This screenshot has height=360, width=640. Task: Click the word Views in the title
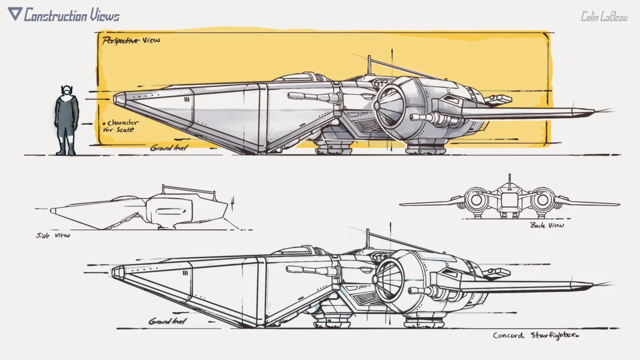[x=104, y=16]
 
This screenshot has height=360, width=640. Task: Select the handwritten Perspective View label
[x=131, y=41]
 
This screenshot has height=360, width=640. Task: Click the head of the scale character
[x=67, y=91]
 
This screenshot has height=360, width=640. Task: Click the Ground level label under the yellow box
[x=168, y=148]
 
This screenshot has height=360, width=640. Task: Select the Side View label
[x=53, y=236]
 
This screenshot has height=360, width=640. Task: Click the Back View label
[x=547, y=225]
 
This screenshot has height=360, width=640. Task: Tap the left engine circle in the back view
[x=476, y=200]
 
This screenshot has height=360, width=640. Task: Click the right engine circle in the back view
[x=543, y=200]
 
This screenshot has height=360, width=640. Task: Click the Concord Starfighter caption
[x=536, y=336]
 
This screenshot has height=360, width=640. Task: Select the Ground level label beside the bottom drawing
[x=167, y=321]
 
